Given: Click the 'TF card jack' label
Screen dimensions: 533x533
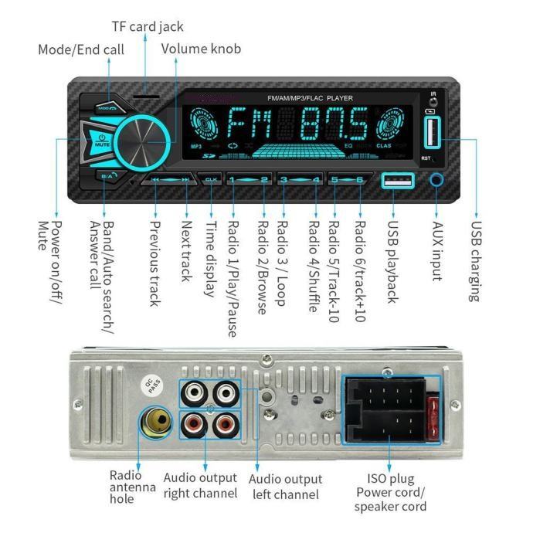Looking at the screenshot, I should (x=147, y=27).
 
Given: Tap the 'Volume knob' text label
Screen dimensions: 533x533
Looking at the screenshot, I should (x=201, y=49).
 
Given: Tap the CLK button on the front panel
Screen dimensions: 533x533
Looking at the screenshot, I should (x=212, y=179).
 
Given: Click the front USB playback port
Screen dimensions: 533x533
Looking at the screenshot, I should (x=397, y=182).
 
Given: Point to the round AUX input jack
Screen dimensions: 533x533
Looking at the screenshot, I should (x=438, y=181).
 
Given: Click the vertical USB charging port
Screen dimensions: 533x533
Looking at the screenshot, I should (x=430, y=133).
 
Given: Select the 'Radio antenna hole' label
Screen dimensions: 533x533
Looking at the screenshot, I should (x=125, y=487).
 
